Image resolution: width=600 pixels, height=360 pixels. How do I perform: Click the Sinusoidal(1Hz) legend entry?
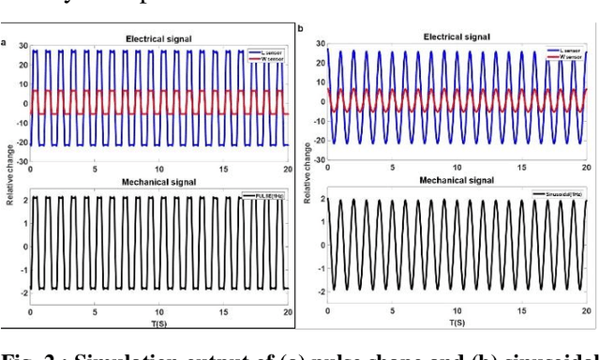pyautogui.click(x=559, y=194)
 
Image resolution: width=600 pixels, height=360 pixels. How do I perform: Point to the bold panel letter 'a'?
pyautogui.click(x=4, y=41)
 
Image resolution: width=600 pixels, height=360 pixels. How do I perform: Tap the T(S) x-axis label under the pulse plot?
pyautogui.click(x=157, y=322)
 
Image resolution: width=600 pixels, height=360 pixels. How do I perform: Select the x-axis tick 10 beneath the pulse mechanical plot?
pyautogui.click(x=157, y=311)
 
